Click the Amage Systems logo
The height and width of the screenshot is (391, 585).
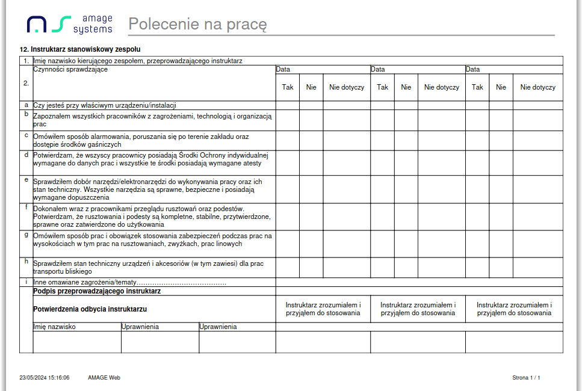tap(69, 25)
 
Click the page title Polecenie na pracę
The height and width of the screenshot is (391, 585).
tap(197, 25)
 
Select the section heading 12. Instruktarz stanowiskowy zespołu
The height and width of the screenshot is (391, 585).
tap(80, 49)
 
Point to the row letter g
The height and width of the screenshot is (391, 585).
tap(26, 235)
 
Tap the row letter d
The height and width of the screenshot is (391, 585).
tap(26, 154)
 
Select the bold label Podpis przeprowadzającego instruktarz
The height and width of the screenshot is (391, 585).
tap(97, 291)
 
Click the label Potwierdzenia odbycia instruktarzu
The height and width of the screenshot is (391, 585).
tap(90, 309)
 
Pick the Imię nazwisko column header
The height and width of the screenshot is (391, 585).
tap(54, 327)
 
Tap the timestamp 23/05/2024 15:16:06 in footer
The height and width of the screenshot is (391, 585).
tap(45, 378)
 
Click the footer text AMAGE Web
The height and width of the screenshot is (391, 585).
tap(104, 378)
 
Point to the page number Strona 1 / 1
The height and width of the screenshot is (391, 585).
tap(526, 378)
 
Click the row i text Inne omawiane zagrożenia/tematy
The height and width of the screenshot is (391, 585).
tap(129, 282)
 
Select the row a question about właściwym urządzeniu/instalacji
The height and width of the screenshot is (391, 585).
tap(104, 105)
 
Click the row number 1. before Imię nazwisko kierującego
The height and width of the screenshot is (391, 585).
tap(26, 61)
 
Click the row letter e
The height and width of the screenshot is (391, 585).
tap(26, 179)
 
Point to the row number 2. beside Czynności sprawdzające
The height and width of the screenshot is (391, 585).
tap(26, 84)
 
